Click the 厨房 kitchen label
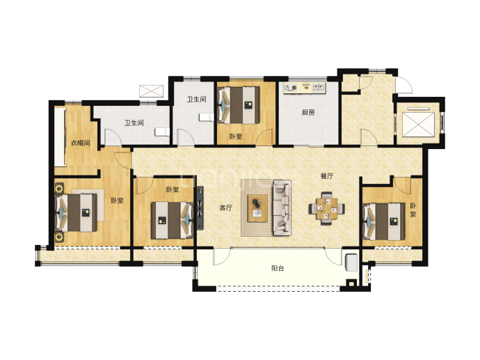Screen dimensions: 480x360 (308, 112)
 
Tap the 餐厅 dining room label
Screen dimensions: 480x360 (327, 176)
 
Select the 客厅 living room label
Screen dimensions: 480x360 (225, 208)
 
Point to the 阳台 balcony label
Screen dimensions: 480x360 (278, 268)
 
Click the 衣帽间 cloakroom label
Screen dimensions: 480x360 (80, 143)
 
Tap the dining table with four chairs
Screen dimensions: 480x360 (327, 208)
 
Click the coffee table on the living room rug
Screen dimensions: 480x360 (257, 208)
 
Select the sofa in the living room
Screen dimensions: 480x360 (282, 208)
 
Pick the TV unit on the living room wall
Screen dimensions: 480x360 (200, 208)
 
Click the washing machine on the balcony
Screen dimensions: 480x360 (351, 263)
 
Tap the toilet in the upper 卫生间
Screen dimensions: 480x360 (206, 117)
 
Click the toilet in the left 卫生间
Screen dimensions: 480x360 (162, 132)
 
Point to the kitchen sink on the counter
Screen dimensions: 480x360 (319, 88)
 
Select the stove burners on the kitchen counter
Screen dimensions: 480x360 (290, 88)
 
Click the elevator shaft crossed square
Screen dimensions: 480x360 (418, 124)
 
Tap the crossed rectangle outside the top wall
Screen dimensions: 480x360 (151, 91)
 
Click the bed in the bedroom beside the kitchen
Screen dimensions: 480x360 (239, 105)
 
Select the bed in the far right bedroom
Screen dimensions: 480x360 (384, 221)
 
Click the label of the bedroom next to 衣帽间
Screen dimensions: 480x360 (117, 201)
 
